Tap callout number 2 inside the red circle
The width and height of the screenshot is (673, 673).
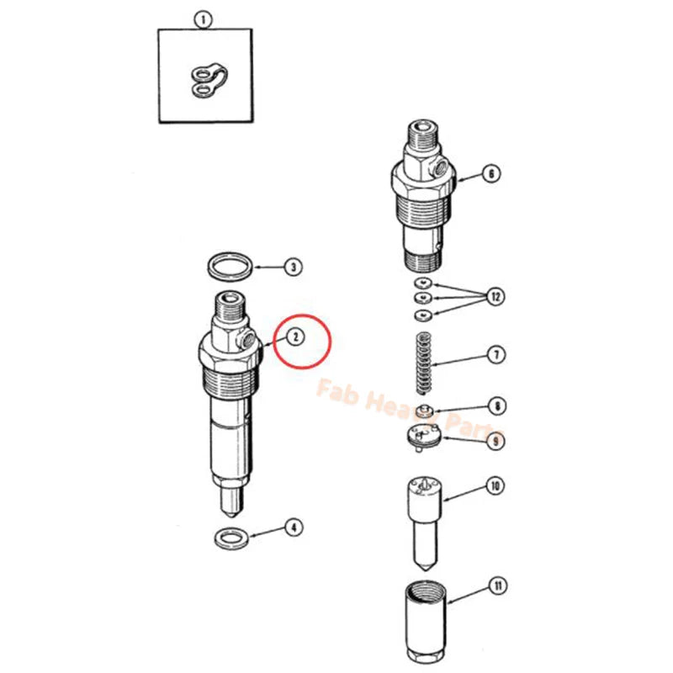tap(295, 336)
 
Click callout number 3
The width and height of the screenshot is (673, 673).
tap(291, 268)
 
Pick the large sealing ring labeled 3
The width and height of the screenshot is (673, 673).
tap(230, 267)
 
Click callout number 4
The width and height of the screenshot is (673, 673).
tap(291, 527)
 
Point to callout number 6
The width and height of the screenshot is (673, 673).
tap(490, 174)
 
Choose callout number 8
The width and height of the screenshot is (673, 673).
tap(499, 405)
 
